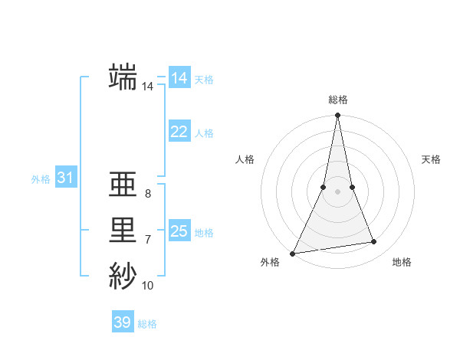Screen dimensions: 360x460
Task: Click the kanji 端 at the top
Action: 123,77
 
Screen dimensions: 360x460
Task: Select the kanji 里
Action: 123,231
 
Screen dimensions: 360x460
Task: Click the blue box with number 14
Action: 179,78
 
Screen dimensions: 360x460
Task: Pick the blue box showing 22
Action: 179,132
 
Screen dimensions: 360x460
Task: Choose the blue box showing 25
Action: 179,231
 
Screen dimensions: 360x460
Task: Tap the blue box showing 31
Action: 65,178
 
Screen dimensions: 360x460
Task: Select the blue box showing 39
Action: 122,322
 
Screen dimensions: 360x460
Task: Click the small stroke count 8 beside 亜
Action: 148,194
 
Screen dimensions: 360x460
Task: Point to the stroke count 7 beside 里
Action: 148,240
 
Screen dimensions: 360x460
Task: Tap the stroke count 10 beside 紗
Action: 148,286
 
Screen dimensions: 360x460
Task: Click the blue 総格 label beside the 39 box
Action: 147,324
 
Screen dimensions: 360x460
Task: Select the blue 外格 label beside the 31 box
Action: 41,179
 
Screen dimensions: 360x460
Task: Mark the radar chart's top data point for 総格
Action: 337,116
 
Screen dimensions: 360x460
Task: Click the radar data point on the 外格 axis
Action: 293,254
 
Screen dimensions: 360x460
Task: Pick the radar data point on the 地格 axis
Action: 374,242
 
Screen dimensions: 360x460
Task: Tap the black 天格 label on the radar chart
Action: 432,159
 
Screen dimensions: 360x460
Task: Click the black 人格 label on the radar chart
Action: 245,159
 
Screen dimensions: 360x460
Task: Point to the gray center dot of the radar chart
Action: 337,191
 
